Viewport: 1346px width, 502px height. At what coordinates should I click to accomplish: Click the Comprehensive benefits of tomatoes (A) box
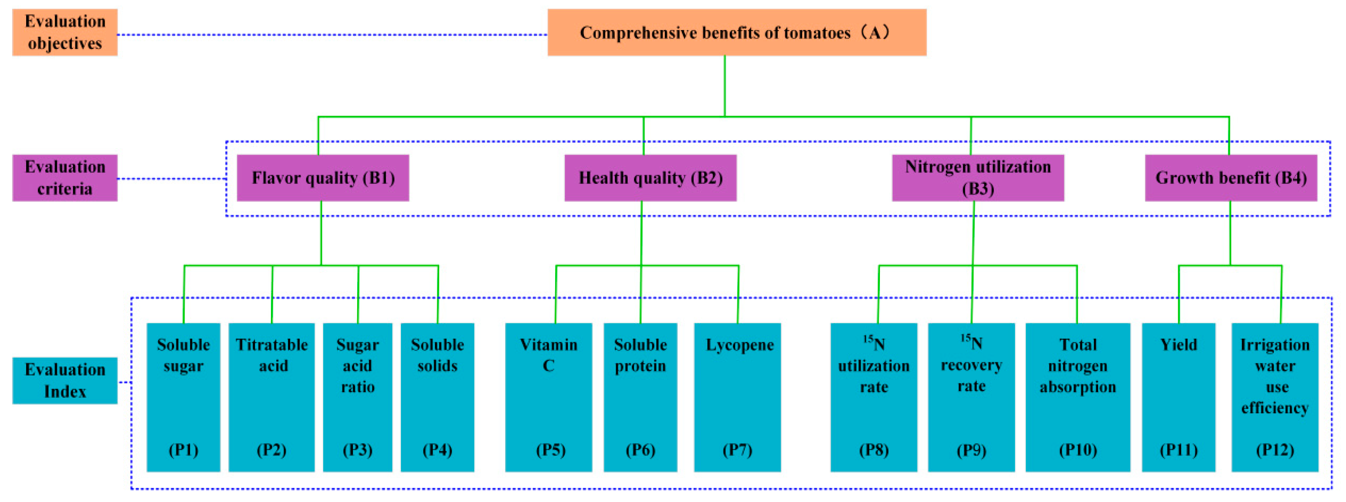click(x=737, y=32)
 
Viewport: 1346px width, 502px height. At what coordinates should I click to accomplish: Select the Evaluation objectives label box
click(x=65, y=32)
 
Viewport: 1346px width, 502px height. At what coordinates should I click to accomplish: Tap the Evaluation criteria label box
click(x=65, y=178)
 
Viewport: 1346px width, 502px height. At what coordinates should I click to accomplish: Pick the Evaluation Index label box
click(x=65, y=380)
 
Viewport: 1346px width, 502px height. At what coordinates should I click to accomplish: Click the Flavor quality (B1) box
click(x=323, y=178)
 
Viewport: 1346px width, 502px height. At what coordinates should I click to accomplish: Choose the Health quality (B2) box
click(x=650, y=178)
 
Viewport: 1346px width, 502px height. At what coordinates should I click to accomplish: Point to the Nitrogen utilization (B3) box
click(x=977, y=178)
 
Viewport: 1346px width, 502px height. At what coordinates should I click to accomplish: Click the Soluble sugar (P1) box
click(x=183, y=397)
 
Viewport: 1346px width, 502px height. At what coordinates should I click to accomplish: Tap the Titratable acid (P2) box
click(x=272, y=397)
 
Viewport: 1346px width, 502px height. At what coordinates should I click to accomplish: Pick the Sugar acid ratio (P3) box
click(x=358, y=397)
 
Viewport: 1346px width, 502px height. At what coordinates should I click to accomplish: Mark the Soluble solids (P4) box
click(x=437, y=397)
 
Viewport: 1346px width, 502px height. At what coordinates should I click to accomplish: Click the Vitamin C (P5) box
click(x=548, y=397)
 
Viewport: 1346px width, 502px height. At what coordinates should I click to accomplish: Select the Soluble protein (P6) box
click(x=641, y=397)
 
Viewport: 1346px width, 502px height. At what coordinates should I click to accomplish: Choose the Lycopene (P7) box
click(x=737, y=397)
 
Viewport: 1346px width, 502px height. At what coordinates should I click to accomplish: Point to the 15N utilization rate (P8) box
click(x=874, y=397)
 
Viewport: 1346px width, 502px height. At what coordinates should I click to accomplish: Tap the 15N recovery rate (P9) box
click(x=971, y=397)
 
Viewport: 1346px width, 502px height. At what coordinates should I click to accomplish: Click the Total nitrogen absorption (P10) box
click(x=1077, y=397)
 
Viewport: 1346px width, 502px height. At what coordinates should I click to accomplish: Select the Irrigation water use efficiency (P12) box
click(x=1275, y=397)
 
